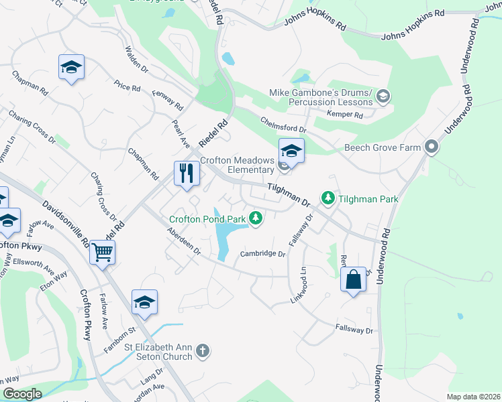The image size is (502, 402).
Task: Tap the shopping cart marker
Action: pyautogui.click(x=103, y=252)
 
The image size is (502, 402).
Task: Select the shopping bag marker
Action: pyautogui.click(x=353, y=279)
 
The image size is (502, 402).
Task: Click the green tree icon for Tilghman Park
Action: pyautogui.click(x=328, y=198)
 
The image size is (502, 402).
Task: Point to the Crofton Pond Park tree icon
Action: pyautogui.click(x=255, y=218)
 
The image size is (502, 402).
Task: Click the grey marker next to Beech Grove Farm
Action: pyautogui.click(x=431, y=147)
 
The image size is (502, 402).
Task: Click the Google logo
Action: pyautogui.click(x=22, y=394)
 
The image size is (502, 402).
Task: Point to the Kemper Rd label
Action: pyautogui.click(x=345, y=115)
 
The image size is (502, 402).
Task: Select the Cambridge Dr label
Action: pyautogui.click(x=263, y=254)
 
